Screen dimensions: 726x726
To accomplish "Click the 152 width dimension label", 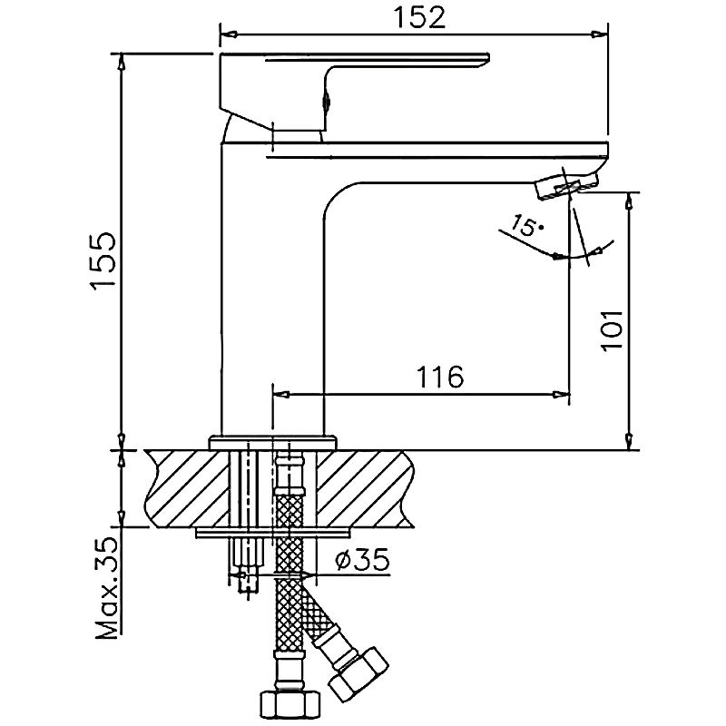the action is (418, 18).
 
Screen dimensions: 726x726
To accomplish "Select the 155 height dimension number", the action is (103, 261).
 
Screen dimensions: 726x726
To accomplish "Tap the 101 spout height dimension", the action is (613, 330).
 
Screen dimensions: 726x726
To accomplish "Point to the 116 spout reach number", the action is (440, 377).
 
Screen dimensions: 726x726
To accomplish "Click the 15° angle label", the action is (526, 225).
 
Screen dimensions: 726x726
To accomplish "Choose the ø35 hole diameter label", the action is (362, 560).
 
